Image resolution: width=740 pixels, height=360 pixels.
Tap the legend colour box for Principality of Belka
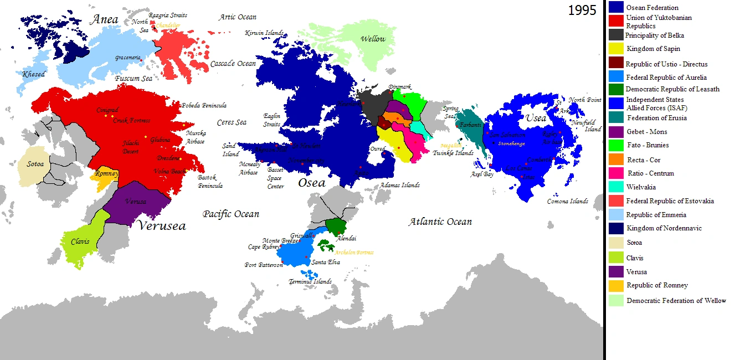(x=616, y=35)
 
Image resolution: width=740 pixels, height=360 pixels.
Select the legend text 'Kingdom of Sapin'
(x=653, y=49)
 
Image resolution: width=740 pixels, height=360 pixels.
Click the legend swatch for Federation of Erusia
(x=616, y=117)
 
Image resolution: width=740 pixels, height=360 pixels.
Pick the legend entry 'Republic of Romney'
(x=657, y=285)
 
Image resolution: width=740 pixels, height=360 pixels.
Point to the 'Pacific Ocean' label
(x=230, y=214)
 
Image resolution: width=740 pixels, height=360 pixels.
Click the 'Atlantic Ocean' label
(x=440, y=222)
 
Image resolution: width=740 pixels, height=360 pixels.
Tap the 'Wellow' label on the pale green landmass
(x=373, y=39)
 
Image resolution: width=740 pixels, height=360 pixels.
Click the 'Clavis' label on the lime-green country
(x=80, y=241)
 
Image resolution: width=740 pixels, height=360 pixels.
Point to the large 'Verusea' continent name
(x=161, y=225)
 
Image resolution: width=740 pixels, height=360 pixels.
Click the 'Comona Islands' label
(x=567, y=201)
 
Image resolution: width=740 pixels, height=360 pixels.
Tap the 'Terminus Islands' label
(x=310, y=281)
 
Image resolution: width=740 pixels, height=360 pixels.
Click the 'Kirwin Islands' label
(x=264, y=33)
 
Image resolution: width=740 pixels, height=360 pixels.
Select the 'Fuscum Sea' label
(x=133, y=79)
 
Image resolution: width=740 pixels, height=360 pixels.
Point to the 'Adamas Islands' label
(x=399, y=185)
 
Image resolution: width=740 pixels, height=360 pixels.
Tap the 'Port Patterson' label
(x=264, y=265)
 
